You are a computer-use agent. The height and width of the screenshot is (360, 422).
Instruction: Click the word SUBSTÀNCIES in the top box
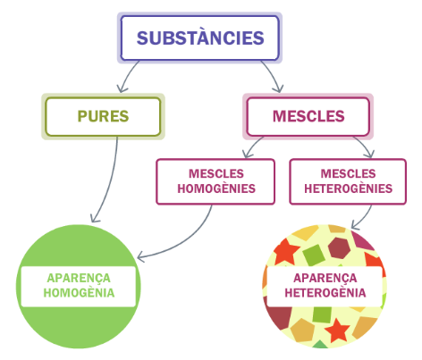pos(200,38)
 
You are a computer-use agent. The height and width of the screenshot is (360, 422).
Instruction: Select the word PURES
pos(103,116)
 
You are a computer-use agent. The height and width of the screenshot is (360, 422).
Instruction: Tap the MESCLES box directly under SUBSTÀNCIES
pos(308,116)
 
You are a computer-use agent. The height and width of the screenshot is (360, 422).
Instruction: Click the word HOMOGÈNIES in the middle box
pos(216,188)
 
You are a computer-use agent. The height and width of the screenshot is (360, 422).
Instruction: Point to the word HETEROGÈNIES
pos(348,188)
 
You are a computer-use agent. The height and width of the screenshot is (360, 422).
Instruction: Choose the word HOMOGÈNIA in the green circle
pos(79,293)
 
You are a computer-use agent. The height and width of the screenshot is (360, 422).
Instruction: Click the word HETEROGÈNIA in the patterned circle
pos(325,293)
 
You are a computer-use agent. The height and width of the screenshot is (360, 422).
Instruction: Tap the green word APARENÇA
pos(79,279)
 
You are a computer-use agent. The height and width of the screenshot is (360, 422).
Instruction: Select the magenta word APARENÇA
pos(325,279)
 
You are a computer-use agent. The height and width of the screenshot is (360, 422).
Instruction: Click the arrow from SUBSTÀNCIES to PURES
pos(126,76)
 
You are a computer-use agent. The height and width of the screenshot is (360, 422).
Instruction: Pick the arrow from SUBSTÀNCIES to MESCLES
pos(274,75)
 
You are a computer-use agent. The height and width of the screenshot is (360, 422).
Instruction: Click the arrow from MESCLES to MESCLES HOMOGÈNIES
pos(252,146)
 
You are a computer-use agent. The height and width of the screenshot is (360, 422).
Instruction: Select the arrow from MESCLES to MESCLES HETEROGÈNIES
pos(365,146)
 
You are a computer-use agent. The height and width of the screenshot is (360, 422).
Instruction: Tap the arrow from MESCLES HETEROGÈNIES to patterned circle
pos(364,217)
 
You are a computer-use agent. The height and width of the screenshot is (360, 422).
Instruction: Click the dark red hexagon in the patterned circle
pos(339,247)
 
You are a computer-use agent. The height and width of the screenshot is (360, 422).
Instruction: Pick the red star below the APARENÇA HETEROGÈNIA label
pos(337,331)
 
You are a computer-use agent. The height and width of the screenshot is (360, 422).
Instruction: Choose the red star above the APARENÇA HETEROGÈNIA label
pos(285,252)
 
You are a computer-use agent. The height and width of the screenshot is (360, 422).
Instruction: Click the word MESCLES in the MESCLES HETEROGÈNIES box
pos(348,173)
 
